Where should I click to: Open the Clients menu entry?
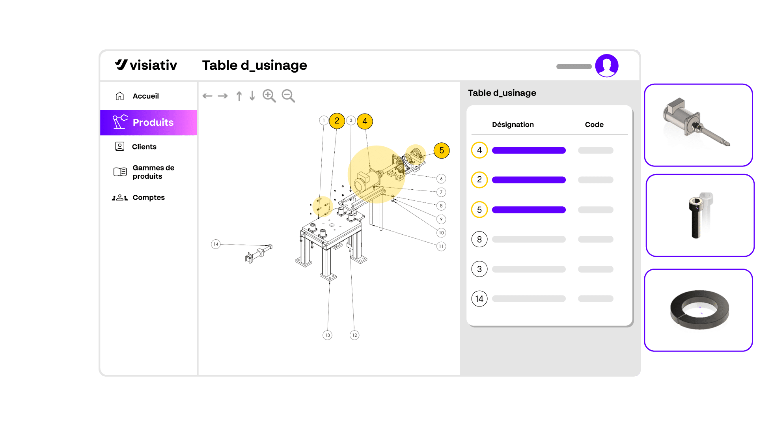point(136,147)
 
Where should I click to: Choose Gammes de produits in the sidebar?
point(144,172)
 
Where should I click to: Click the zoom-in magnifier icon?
point(269,96)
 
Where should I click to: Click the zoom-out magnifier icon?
point(288,96)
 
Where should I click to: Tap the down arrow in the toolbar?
point(252,96)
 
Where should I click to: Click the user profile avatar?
point(607,65)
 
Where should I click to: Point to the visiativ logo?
point(146,65)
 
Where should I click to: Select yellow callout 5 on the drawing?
point(442,151)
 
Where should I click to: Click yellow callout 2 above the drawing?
point(337,121)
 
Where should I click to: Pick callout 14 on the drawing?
point(216,244)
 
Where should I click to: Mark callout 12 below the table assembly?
point(354,335)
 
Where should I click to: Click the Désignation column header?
point(513,125)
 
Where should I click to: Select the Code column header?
point(594,125)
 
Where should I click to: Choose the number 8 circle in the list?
point(479,239)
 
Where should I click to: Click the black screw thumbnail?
point(700,216)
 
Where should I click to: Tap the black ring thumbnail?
point(699,310)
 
